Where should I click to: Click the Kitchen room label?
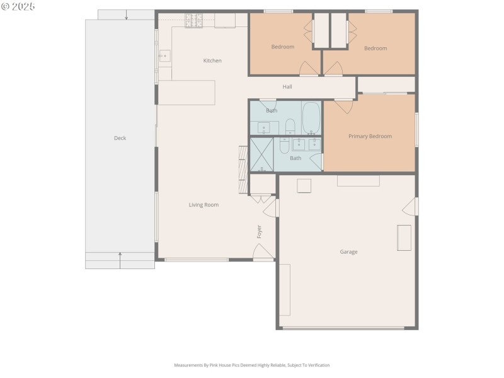click(212, 60)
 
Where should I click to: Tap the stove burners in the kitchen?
click(193, 20)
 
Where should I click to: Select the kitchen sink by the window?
click(164, 55)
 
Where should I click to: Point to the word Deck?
click(120, 138)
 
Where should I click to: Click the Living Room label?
click(203, 205)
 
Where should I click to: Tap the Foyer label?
click(259, 231)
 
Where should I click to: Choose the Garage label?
click(348, 252)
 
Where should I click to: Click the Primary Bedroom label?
click(370, 136)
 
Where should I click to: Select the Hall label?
click(287, 87)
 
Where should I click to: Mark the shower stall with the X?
click(261, 154)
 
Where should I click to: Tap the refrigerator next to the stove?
click(224, 20)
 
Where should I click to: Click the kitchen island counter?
click(186, 92)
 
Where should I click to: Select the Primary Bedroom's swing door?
click(343, 106)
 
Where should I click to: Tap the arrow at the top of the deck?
click(126, 14)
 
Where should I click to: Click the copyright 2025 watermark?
click(18, 6)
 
